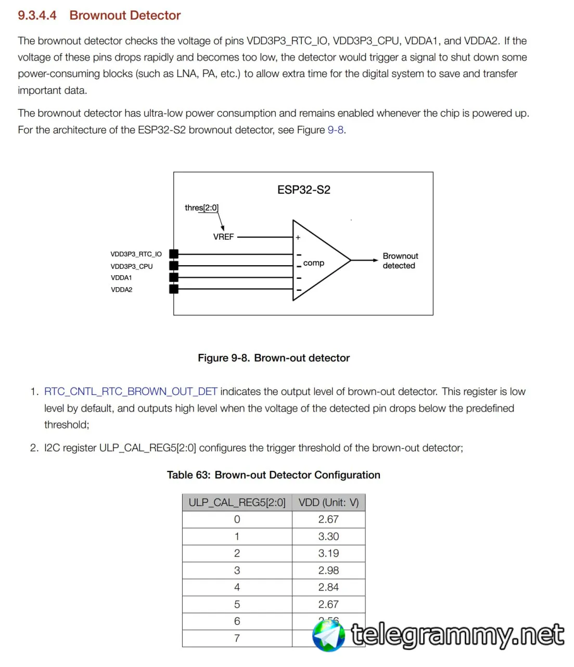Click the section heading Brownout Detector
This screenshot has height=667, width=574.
[125, 15]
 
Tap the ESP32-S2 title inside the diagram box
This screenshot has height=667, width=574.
[303, 190]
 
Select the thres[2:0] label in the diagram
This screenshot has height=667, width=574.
[201, 207]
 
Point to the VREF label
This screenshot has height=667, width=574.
[223, 237]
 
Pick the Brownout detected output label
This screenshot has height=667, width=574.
[400, 261]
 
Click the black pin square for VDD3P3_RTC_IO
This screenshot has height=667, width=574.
[174, 254]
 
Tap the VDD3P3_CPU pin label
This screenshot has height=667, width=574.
[132, 266]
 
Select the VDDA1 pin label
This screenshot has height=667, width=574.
[121, 278]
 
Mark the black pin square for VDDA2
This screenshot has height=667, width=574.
[174, 289]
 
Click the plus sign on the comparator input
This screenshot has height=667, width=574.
[298, 237]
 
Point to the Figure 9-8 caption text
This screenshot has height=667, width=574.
[274, 358]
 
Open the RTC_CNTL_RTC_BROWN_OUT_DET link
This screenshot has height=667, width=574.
[131, 391]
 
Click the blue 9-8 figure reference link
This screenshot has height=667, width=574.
[336, 130]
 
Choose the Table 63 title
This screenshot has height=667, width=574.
[273, 475]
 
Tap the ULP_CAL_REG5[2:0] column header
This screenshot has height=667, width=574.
[237, 502]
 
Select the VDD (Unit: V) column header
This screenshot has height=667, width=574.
[328, 502]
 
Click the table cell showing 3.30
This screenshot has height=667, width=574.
[328, 536]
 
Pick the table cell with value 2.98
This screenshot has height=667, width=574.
[328, 570]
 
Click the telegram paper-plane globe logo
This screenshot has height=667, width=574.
[328, 635]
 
